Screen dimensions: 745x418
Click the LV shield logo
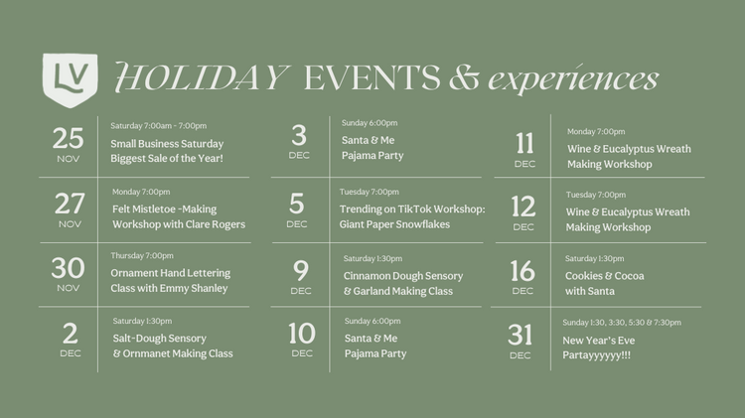point(70,79)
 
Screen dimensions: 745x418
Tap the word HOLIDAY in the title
point(202,77)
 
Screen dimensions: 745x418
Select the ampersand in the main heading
point(464,77)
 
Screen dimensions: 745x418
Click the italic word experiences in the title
point(573,79)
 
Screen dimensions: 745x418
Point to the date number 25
point(68,138)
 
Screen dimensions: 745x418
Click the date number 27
point(70,204)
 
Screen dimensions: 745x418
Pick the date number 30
point(68,268)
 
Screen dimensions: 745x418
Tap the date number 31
point(520,335)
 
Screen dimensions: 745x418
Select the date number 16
point(522,271)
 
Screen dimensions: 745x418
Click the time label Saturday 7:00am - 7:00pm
point(159,126)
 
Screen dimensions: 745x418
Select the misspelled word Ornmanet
point(146,353)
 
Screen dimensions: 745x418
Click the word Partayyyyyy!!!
point(597,355)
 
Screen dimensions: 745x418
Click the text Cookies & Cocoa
point(604,275)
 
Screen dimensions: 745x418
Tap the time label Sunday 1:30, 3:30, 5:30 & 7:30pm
point(622,323)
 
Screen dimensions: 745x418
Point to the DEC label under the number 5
point(296,223)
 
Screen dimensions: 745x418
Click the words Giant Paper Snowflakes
point(394,224)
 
